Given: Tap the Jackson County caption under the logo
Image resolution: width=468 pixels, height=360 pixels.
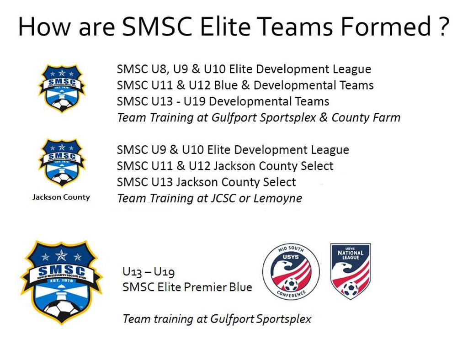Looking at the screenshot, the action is (61, 197).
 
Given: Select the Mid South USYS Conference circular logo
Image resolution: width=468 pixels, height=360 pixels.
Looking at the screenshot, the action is (291, 271).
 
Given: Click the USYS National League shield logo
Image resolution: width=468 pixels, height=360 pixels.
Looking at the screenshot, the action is (351, 271).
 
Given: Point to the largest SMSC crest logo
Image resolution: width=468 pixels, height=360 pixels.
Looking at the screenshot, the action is (62, 282).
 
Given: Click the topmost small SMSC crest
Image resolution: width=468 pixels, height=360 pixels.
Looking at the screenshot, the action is (62, 89).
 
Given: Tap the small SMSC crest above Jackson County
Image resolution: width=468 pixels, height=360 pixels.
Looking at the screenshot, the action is (62, 163).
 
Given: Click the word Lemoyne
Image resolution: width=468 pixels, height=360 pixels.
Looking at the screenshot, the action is (277, 198).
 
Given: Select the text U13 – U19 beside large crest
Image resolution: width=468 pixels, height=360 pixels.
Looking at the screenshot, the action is (149, 272).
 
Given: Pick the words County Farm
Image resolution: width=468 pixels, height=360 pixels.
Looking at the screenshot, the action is (366, 117).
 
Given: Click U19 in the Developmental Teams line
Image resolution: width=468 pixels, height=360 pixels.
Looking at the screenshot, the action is (194, 101).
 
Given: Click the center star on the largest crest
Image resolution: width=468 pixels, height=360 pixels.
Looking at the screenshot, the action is (62, 255).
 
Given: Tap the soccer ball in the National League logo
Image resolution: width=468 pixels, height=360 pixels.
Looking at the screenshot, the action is (350, 289).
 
